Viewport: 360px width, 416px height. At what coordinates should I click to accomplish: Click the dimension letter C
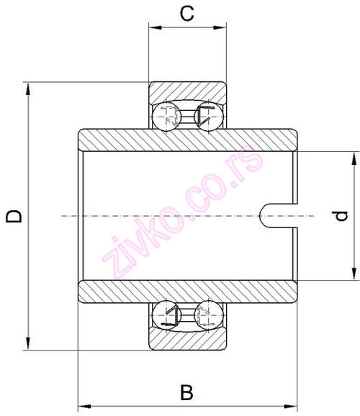click(x=186, y=12)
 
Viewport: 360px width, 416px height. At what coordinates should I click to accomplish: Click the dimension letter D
click(x=14, y=216)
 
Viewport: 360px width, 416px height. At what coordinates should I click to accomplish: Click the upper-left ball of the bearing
click(x=166, y=114)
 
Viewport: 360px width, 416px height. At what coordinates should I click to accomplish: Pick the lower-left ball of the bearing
click(x=166, y=317)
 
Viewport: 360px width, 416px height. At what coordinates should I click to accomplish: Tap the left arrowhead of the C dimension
click(x=153, y=28)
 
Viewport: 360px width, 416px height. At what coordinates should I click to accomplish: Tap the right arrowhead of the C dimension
click(x=218, y=28)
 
